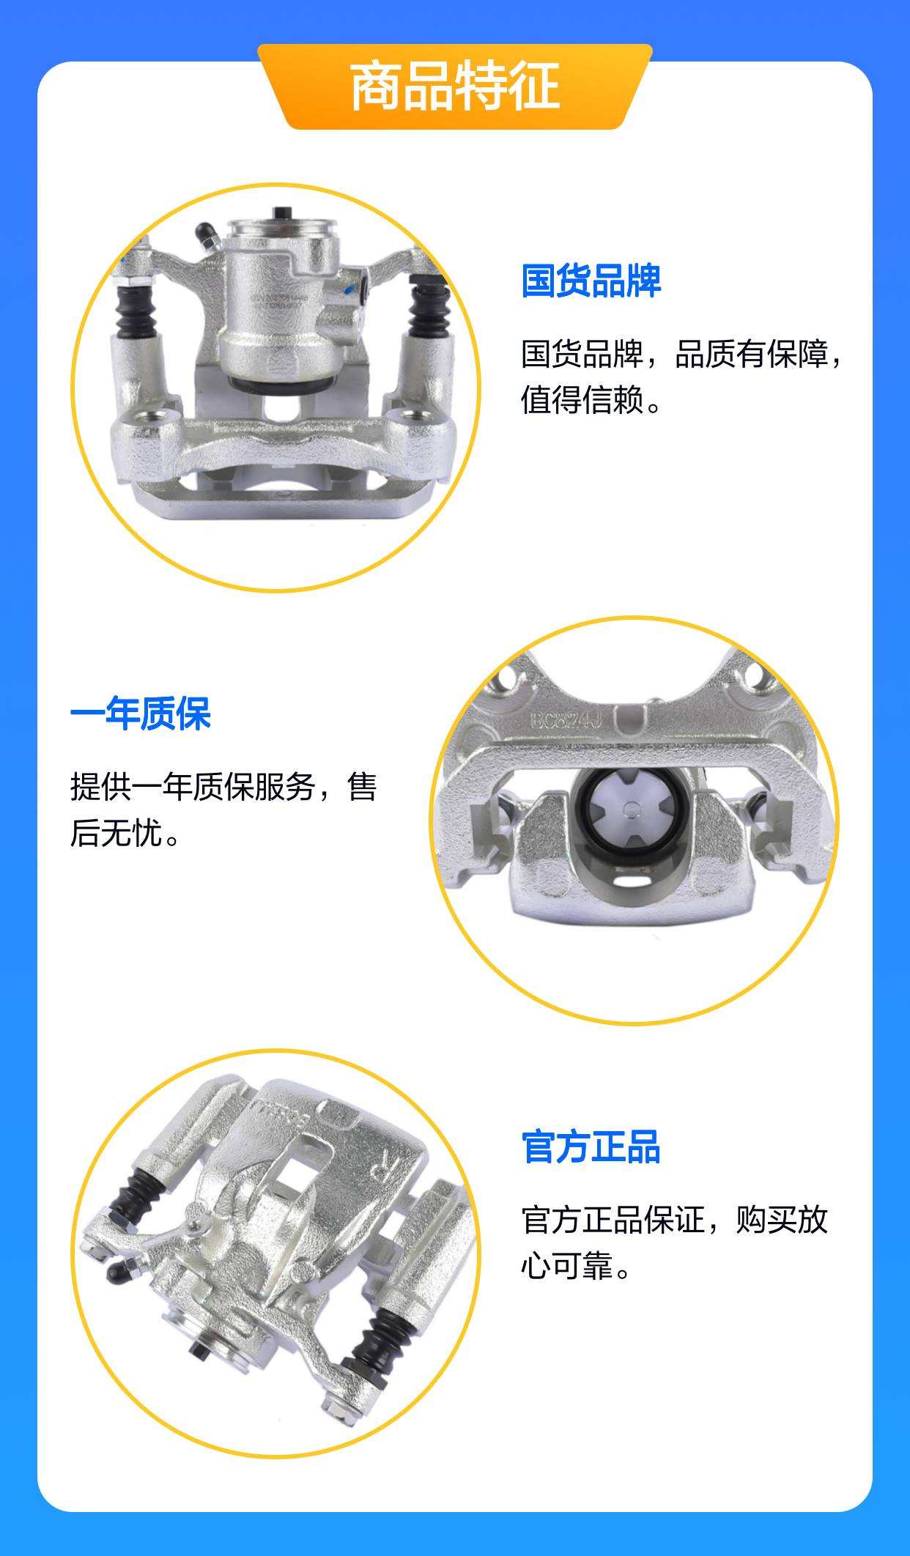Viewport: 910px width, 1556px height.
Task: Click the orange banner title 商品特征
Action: (455, 86)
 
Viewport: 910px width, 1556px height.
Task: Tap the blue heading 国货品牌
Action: (591, 281)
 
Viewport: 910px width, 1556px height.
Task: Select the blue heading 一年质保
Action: (141, 714)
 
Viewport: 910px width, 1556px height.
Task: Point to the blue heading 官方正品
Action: (591, 1147)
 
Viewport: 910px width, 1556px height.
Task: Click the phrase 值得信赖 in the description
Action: (582, 400)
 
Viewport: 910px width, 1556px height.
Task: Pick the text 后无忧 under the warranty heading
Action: (116, 833)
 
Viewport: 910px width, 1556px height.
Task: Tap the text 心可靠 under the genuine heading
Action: (567, 1266)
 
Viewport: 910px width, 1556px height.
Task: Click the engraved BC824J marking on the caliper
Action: (566, 721)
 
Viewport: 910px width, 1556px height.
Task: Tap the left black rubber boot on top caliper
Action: (136, 311)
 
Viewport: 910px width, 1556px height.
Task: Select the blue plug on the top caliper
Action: (363, 286)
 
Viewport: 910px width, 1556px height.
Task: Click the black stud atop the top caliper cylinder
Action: (282, 213)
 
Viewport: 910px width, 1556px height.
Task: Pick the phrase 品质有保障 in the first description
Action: (752, 354)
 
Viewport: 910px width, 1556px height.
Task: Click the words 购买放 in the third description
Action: (782, 1220)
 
